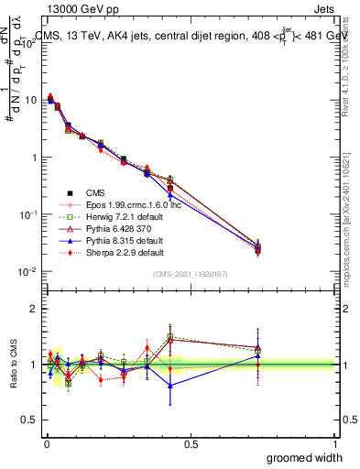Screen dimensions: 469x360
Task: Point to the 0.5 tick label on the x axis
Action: [191, 443]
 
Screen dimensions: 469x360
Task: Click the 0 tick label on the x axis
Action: [47, 443]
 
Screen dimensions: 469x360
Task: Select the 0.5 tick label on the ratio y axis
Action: [29, 420]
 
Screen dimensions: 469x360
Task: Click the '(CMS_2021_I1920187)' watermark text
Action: [191, 274]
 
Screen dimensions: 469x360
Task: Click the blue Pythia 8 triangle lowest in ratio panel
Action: [169, 386]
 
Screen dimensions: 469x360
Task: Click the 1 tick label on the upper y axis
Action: [35, 158]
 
